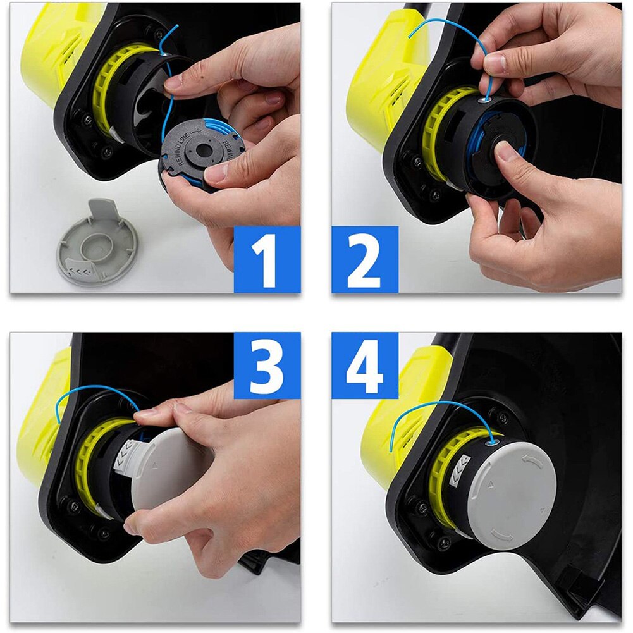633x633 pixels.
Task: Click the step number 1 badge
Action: (x=267, y=259)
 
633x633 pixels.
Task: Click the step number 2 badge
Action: (x=365, y=259)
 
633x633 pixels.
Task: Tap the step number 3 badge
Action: (x=267, y=366)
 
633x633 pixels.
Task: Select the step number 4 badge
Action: (x=365, y=366)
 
